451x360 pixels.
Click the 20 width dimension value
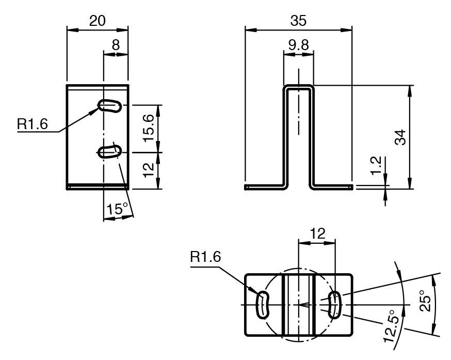[x=97, y=21]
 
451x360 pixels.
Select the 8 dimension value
[x=116, y=45]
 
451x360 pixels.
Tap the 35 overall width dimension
[x=298, y=21]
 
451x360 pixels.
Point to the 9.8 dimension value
[x=299, y=45]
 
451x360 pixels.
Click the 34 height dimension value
[x=400, y=137]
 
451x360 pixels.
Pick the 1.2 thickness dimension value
[x=376, y=165]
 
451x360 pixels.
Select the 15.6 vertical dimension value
[x=149, y=128]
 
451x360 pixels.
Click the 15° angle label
[x=117, y=208]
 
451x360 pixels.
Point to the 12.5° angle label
[x=392, y=326]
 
